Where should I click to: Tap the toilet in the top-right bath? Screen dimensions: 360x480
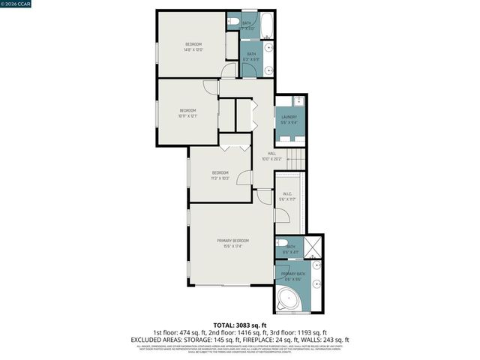[x=234, y=20]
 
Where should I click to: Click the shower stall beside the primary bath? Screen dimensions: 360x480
[x=313, y=247]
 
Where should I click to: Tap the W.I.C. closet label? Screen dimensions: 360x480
[x=287, y=196]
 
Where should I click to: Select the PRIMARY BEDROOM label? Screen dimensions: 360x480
[x=232, y=240]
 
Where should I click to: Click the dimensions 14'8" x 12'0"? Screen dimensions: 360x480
[x=193, y=50]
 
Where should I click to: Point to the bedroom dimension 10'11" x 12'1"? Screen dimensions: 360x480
[x=187, y=115]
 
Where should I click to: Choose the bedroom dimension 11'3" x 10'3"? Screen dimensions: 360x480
[x=220, y=177]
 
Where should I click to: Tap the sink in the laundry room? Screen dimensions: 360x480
[x=298, y=100]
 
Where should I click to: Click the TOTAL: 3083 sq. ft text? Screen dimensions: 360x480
[x=239, y=325]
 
